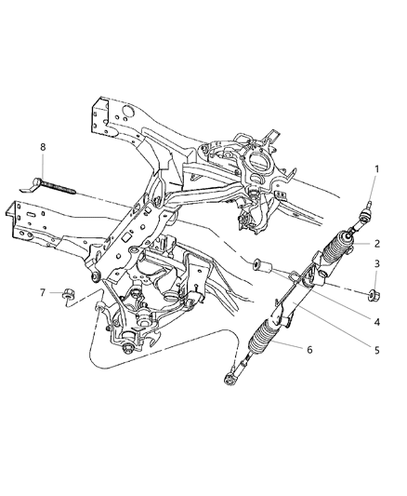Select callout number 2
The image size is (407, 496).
tap(378, 244)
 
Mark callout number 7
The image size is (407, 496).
tap(42, 293)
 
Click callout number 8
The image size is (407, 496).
tap(42, 148)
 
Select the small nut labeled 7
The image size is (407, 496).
tap(67, 297)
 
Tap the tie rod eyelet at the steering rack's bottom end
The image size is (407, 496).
tap(229, 379)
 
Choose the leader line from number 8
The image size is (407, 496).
tap(42, 166)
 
